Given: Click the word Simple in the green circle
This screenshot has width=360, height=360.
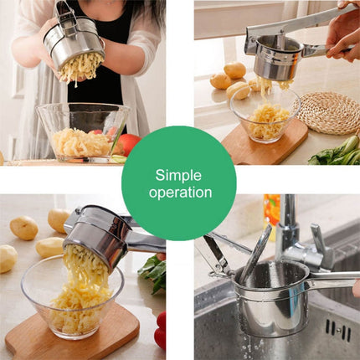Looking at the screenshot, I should click(x=178, y=174).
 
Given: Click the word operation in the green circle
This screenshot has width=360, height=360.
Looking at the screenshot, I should click(x=180, y=192).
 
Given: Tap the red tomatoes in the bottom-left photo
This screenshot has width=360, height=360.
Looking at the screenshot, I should click(x=160, y=330).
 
